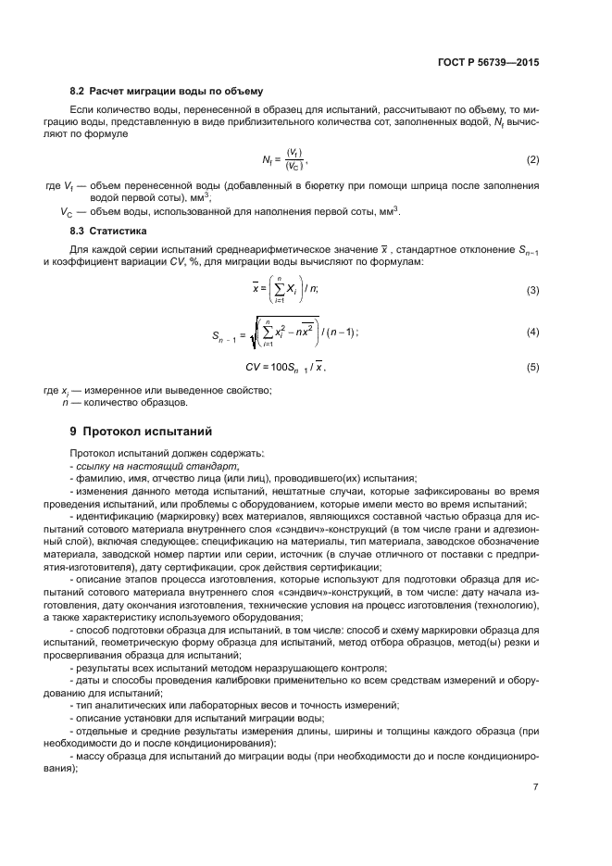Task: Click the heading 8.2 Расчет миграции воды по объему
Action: (x=168, y=92)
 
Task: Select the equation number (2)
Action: (x=532, y=160)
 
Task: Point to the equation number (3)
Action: (x=532, y=291)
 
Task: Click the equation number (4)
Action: (x=532, y=332)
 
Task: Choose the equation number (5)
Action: (x=532, y=368)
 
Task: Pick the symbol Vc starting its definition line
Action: (x=66, y=211)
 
